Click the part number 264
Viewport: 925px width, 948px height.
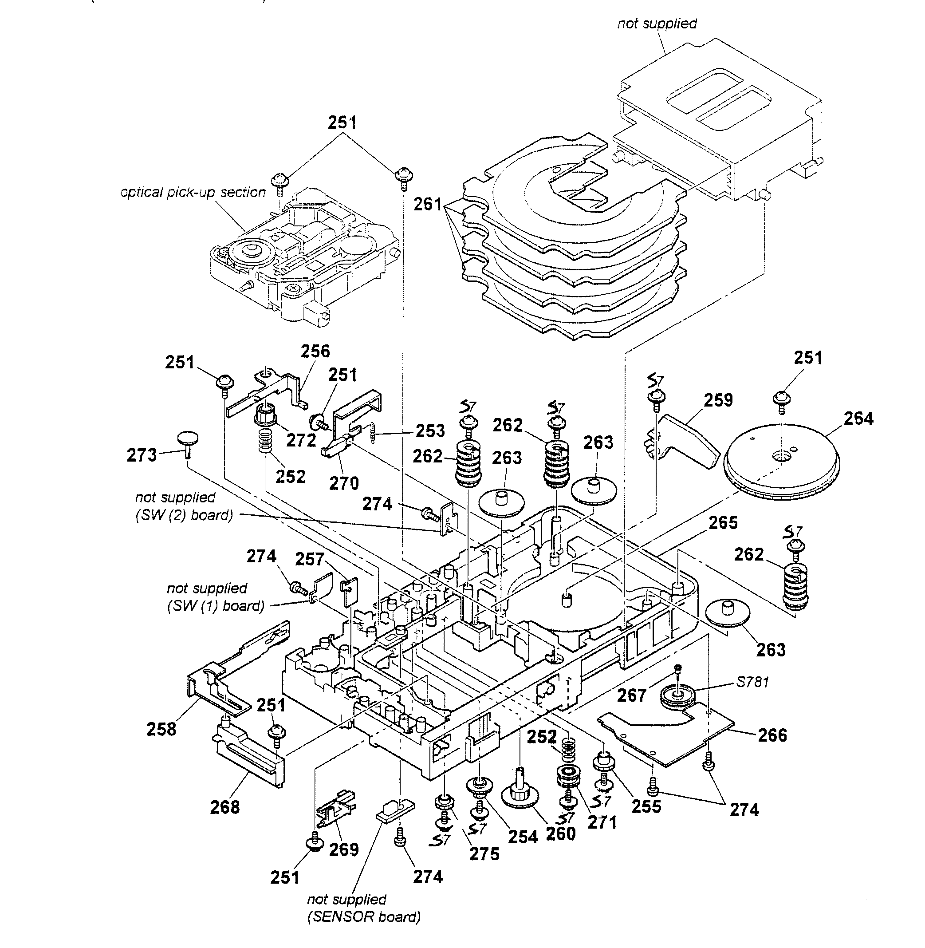[858, 419]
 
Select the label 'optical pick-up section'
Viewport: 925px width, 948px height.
[193, 193]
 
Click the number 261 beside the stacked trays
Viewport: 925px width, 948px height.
[428, 204]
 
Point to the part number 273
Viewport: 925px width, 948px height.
[142, 455]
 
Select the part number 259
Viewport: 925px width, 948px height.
[718, 400]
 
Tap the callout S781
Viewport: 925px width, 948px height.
[752, 682]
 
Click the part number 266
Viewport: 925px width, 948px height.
[772, 735]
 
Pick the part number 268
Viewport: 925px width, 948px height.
[225, 807]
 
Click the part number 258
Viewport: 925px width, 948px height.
[161, 729]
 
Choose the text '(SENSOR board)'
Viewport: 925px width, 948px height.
[364, 917]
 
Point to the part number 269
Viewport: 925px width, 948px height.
[343, 850]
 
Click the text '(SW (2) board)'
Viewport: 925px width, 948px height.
[184, 515]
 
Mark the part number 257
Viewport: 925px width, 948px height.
[310, 559]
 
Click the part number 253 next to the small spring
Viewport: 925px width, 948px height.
[430, 431]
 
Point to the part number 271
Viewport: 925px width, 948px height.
[602, 822]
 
